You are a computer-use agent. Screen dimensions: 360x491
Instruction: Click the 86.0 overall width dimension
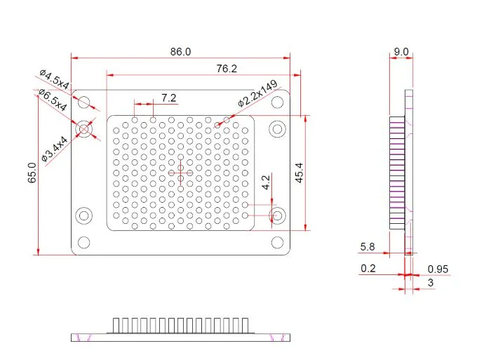pyautogui.click(x=180, y=52)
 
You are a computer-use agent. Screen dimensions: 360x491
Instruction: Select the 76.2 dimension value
pyautogui.click(x=227, y=69)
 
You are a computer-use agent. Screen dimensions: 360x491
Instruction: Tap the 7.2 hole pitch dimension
pyautogui.click(x=169, y=97)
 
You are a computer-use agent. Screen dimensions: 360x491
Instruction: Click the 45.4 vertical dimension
pyautogui.click(x=299, y=173)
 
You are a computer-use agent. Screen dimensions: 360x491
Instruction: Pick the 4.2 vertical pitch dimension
pyautogui.click(x=266, y=183)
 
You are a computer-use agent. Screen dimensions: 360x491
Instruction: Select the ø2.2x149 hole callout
pyautogui.click(x=257, y=93)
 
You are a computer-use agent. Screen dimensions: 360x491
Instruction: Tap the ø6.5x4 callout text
pyautogui.click(x=53, y=100)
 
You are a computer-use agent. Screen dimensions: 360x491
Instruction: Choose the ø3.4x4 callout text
pyautogui.click(x=54, y=149)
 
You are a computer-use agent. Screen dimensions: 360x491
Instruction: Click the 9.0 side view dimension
pyautogui.click(x=401, y=52)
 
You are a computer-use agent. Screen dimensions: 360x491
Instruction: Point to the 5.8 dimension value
pyautogui.click(x=368, y=247)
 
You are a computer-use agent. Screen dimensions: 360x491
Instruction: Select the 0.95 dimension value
pyautogui.click(x=438, y=269)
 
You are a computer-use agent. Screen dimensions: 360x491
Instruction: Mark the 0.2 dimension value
pyautogui.click(x=368, y=269)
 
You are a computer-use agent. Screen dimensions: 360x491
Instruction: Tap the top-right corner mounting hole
pyautogui.click(x=278, y=102)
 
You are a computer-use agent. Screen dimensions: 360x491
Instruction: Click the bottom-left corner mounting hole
pyautogui.click(x=83, y=243)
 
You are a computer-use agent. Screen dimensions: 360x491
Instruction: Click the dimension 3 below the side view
pyautogui.click(x=431, y=282)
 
